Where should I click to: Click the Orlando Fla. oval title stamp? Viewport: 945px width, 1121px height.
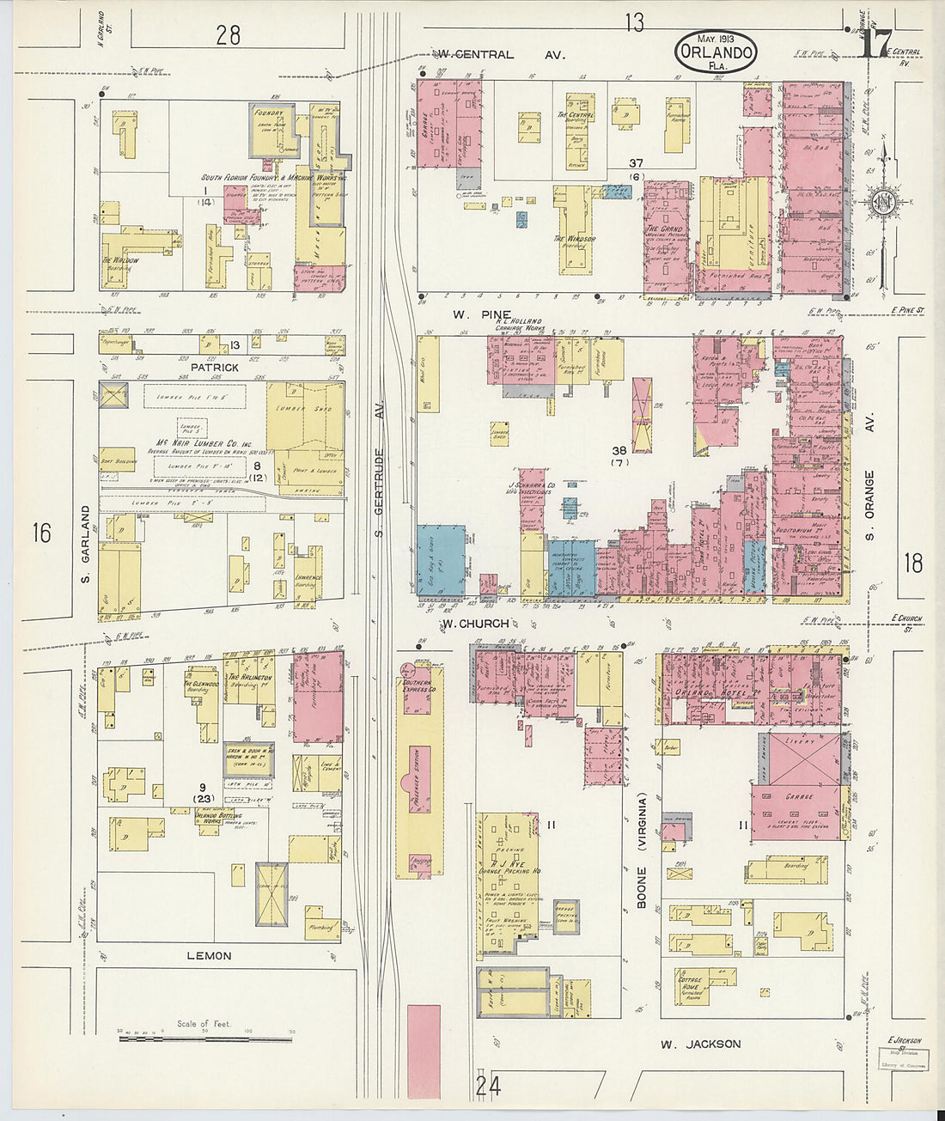pyautogui.click(x=716, y=52)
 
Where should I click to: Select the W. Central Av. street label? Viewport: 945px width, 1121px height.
pyautogui.click(x=497, y=55)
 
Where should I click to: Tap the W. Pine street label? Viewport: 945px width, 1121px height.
pyautogui.click(x=485, y=315)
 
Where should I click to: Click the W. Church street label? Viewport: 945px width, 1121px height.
pyautogui.click(x=474, y=624)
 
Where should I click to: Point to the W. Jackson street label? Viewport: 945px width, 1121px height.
pyautogui.click(x=700, y=1044)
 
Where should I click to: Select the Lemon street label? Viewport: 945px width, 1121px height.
pyautogui.click(x=209, y=955)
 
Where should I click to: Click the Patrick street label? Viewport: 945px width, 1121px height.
pyautogui.click(x=214, y=367)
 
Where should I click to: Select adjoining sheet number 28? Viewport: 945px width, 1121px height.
pyautogui.click(x=228, y=35)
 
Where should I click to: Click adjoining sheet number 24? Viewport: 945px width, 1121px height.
pyautogui.click(x=488, y=1087)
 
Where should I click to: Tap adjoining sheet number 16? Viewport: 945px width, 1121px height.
pyautogui.click(x=41, y=533)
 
